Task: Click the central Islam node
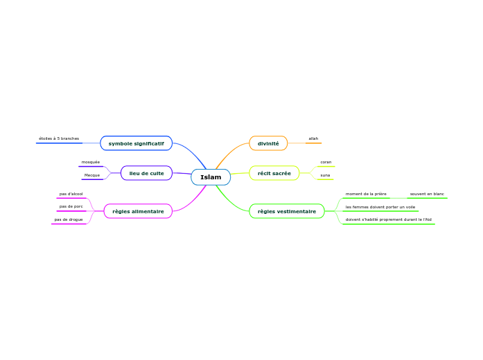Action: pyautogui.click(x=211, y=177)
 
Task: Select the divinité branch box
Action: pyautogui.click(x=268, y=143)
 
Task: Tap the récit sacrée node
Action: pyautogui.click(x=274, y=173)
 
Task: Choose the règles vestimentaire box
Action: pyautogui.click(x=287, y=211)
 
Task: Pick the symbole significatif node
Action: pyautogui.click(x=137, y=143)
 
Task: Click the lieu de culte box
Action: pyautogui.click(x=146, y=173)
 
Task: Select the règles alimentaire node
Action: pyautogui.click(x=138, y=211)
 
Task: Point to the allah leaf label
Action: pyautogui.click(x=313, y=138)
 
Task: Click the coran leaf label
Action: pyautogui.click(x=326, y=162)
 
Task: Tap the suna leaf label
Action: pyautogui.click(x=325, y=175)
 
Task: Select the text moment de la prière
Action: pyautogui.click(x=366, y=194)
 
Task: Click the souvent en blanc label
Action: pyautogui.click(x=427, y=194)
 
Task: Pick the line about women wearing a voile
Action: pyautogui.click(x=380, y=207)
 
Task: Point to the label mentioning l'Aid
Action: pyautogui.click(x=388, y=219)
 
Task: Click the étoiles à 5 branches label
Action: pyautogui.click(x=59, y=138)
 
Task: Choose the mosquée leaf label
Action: pyautogui.click(x=91, y=162)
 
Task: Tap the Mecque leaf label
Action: pyautogui.click(x=92, y=175)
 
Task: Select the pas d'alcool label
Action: pyautogui.click(x=71, y=194)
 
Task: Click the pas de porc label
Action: pyautogui.click(x=71, y=206)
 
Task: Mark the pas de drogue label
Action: pyautogui.click(x=69, y=219)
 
